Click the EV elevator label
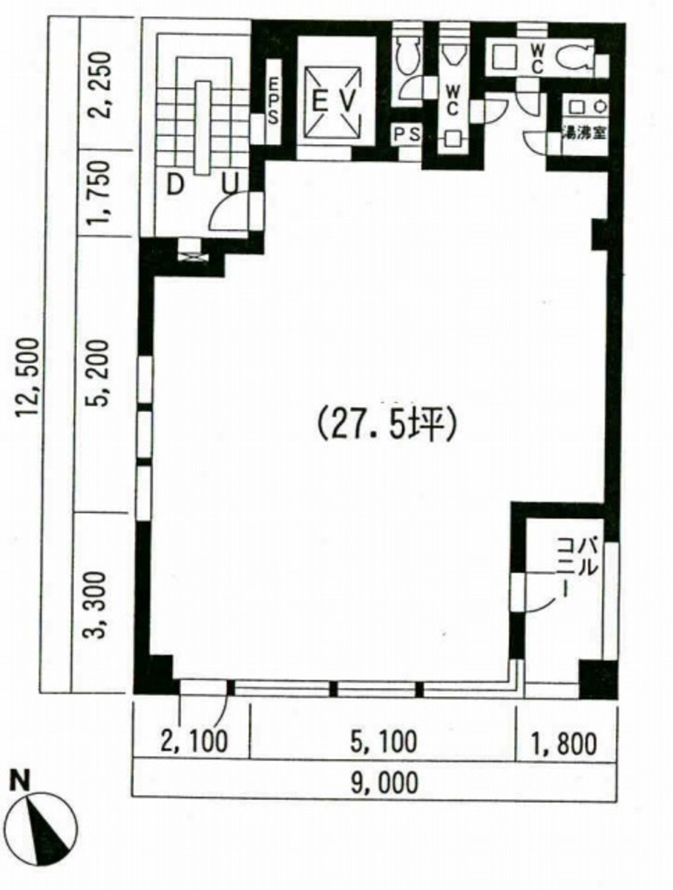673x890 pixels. [334, 102]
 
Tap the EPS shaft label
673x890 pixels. [274, 101]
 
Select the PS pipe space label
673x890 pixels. [407, 134]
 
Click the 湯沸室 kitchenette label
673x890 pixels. [584, 134]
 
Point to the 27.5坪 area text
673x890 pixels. [385, 425]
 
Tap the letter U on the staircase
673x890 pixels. [230, 185]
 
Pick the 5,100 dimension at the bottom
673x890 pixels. [384, 742]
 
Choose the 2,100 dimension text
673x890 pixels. [194, 742]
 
